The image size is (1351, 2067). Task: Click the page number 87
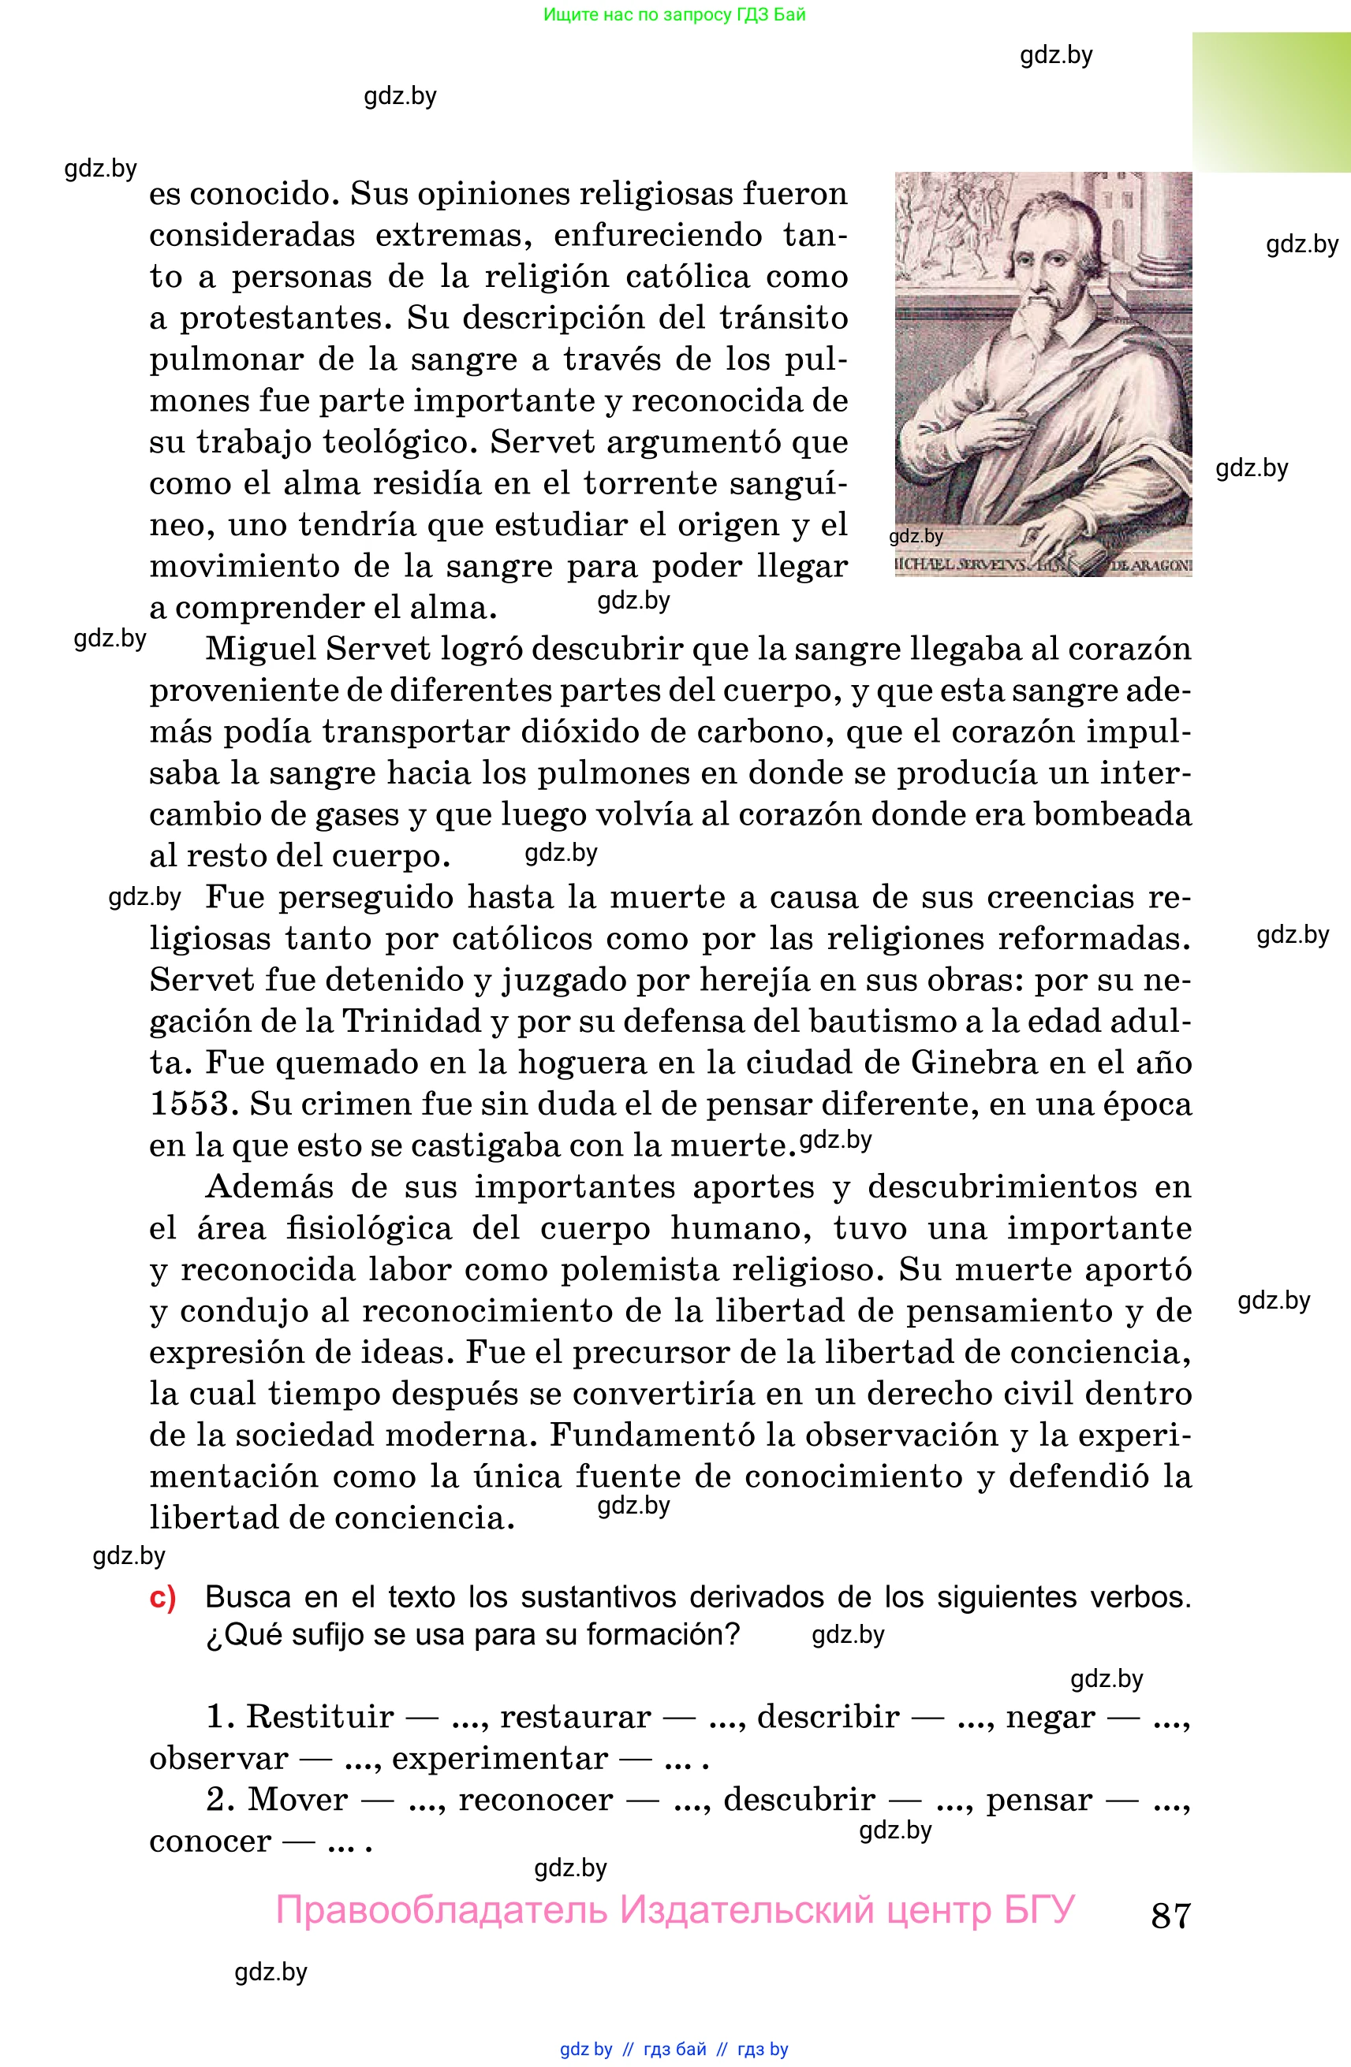(x=1170, y=1915)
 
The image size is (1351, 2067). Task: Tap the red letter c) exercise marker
(x=162, y=1597)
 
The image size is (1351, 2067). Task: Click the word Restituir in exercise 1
(x=319, y=1717)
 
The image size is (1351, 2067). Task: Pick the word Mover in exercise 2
(x=298, y=1800)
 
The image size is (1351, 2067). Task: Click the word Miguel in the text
(x=259, y=649)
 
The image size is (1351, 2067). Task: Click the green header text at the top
(x=674, y=15)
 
